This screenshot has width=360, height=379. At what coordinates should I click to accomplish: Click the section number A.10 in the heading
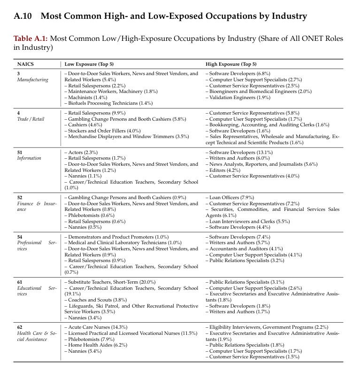[x=23, y=16]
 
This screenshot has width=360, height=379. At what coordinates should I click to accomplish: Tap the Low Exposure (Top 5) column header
[x=89, y=64]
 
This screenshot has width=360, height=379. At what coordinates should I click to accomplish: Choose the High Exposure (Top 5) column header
[x=231, y=64]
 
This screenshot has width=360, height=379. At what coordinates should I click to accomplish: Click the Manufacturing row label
[x=32, y=80]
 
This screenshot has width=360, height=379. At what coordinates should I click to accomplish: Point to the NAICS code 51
[x=20, y=153]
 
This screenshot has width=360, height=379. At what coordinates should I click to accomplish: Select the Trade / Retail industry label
[x=31, y=119]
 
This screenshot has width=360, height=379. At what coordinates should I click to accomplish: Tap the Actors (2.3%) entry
[x=82, y=153]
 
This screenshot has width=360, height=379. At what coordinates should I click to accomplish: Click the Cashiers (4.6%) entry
[x=84, y=125]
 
